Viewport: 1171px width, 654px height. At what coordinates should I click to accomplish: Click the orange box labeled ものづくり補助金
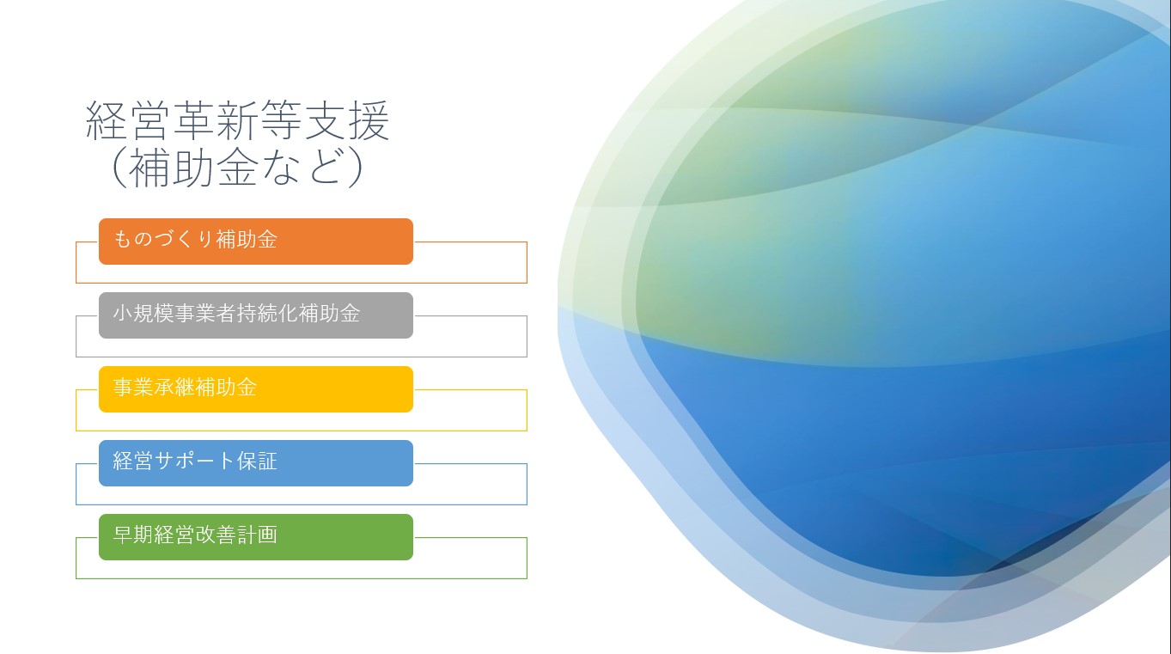point(256,241)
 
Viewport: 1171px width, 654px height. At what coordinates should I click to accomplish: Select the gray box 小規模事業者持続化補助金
point(256,315)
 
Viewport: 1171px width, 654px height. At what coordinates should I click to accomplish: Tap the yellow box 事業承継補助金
point(256,389)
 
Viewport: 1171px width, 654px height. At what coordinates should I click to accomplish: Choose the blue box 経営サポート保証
point(256,463)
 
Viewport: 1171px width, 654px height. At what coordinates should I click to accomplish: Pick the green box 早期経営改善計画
point(256,537)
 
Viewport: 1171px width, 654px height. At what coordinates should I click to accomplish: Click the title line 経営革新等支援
point(238,121)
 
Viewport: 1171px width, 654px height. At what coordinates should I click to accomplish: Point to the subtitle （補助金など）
point(238,167)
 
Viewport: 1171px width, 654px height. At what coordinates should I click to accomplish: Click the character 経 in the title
point(107,121)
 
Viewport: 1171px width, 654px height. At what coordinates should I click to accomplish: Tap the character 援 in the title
point(369,121)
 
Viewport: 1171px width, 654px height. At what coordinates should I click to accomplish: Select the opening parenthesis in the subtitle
point(119,167)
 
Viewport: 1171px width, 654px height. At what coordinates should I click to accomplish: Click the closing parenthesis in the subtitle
point(356,167)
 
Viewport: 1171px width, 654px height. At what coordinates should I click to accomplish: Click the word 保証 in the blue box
point(257,461)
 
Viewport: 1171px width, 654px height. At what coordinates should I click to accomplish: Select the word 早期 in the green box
point(133,535)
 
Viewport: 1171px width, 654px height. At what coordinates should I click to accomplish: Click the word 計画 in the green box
point(257,535)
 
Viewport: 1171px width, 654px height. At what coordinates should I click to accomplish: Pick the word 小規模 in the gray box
point(143,313)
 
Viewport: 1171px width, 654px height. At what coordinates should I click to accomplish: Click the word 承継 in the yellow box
point(174,388)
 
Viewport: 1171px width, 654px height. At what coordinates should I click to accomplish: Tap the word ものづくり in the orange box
point(163,240)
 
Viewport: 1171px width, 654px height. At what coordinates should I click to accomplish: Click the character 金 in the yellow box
point(247,388)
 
